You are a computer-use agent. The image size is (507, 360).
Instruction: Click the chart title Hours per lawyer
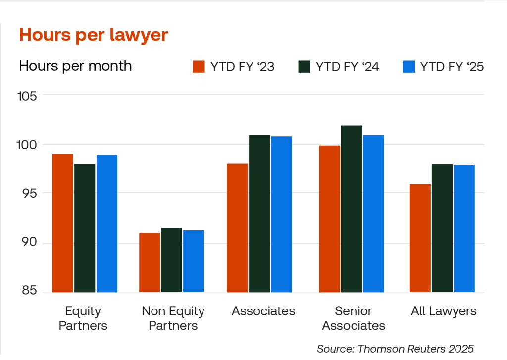click(x=93, y=35)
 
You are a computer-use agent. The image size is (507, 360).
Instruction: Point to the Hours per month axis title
click(x=75, y=66)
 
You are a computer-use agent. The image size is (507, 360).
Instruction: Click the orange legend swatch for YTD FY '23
click(x=199, y=67)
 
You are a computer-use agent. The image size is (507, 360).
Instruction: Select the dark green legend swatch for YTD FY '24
click(x=304, y=67)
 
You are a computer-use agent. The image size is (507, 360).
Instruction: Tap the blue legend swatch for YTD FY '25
click(x=408, y=67)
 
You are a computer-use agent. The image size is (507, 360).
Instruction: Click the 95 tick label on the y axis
click(x=29, y=193)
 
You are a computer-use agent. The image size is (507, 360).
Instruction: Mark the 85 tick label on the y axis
click(x=29, y=291)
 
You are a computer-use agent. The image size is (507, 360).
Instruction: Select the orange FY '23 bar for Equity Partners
click(x=62, y=223)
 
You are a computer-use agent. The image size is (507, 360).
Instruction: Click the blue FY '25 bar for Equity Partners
click(x=107, y=223)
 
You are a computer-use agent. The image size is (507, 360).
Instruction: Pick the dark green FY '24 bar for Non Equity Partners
click(x=171, y=259)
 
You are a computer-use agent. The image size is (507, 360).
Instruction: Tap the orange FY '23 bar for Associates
click(x=237, y=228)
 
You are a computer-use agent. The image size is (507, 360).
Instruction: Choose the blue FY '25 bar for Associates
click(x=281, y=214)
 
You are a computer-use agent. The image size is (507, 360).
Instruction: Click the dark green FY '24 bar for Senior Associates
click(x=351, y=208)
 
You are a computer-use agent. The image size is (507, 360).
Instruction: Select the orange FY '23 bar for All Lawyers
click(x=420, y=238)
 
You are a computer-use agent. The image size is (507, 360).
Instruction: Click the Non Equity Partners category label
click(x=173, y=318)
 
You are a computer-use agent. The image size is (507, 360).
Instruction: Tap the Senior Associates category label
click(x=353, y=318)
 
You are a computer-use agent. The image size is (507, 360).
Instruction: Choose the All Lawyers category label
click(x=444, y=311)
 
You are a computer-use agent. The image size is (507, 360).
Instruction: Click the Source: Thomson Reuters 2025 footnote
click(x=395, y=348)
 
